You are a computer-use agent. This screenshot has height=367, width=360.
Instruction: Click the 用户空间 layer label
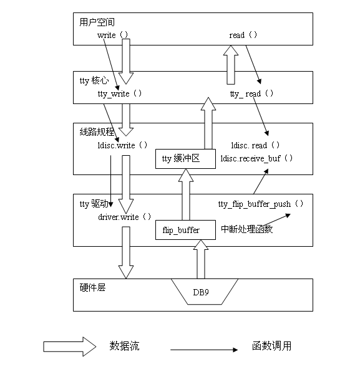click(97, 22)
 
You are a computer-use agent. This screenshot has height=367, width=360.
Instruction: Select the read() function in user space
click(243, 36)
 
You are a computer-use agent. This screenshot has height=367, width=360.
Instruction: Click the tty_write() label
click(120, 93)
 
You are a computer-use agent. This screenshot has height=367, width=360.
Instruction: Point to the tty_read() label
click(251, 93)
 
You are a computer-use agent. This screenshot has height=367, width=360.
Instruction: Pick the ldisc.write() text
click(124, 145)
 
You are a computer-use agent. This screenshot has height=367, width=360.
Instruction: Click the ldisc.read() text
click(255, 145)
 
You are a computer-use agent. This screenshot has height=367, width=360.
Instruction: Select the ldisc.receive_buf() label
click(256, 158)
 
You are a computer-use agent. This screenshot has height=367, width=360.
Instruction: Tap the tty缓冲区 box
click(185, 159)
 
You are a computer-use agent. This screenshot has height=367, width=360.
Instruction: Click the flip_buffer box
click(181, 230)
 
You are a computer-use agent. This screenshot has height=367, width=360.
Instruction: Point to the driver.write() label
click(125, 217)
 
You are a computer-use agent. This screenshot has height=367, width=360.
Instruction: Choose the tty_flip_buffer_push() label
click(261, 204)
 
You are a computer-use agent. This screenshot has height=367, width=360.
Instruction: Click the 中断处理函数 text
click(247, 229)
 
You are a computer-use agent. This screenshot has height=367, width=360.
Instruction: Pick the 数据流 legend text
click(125, 346)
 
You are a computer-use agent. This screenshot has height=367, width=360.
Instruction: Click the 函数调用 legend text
click(272, 346)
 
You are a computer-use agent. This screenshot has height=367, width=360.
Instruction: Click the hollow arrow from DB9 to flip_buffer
click(200, 260)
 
